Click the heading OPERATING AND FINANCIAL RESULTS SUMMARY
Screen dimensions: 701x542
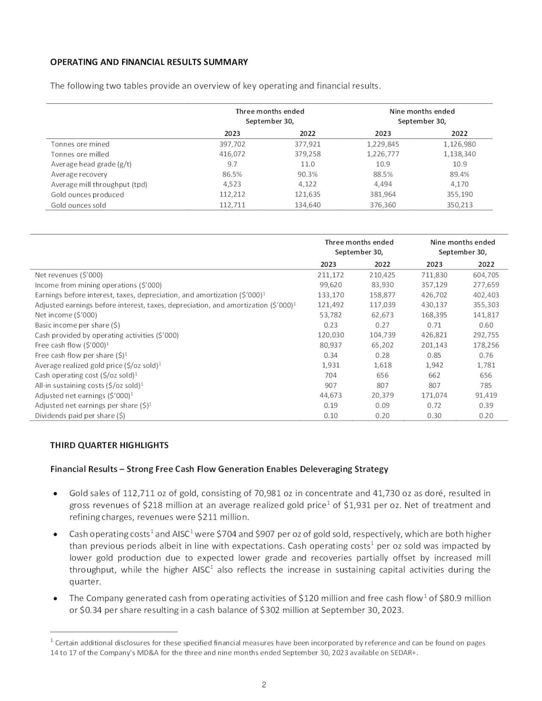click(x=149, y=62)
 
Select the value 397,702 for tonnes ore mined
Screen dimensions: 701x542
click(x=232, y=144)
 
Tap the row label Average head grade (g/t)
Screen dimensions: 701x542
click(x=91, y=164)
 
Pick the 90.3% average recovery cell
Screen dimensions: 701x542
click(x=307, y=174)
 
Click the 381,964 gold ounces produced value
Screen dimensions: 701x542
click(x=383, y=195)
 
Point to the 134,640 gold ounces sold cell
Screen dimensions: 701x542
click(x=307, y=205)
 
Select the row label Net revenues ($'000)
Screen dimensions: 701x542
click(x=69, y=275)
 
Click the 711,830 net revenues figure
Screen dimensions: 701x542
click(x=434, y=275)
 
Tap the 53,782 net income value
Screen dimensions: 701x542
click(x=330, y=315)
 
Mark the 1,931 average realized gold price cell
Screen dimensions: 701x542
click(x=330, y=365)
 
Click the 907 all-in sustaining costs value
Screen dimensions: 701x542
click(x=330, y=386)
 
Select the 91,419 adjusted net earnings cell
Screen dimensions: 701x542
click(x=486, y=395)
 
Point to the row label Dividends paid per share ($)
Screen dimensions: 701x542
click(x=80, y=416)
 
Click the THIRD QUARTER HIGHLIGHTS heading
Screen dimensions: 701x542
click(x=109, y=445)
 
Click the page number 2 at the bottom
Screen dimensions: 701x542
click(x=264, y=685)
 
